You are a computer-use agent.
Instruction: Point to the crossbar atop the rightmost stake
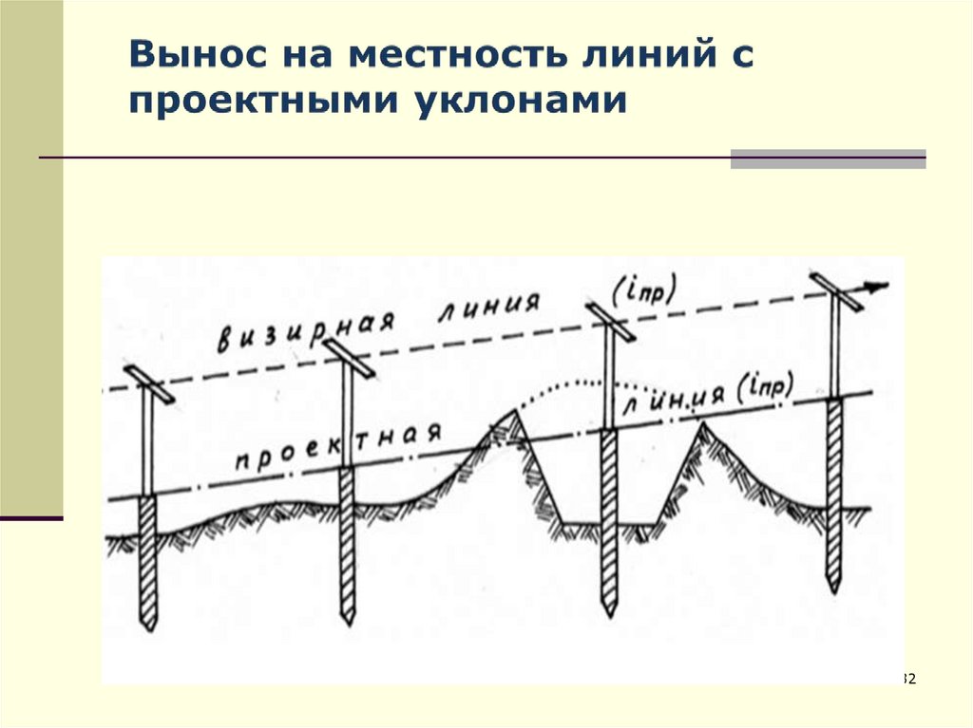(836, 290)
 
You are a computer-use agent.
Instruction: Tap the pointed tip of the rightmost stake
(833, 587)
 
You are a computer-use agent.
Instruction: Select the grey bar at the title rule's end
(828, 159)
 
